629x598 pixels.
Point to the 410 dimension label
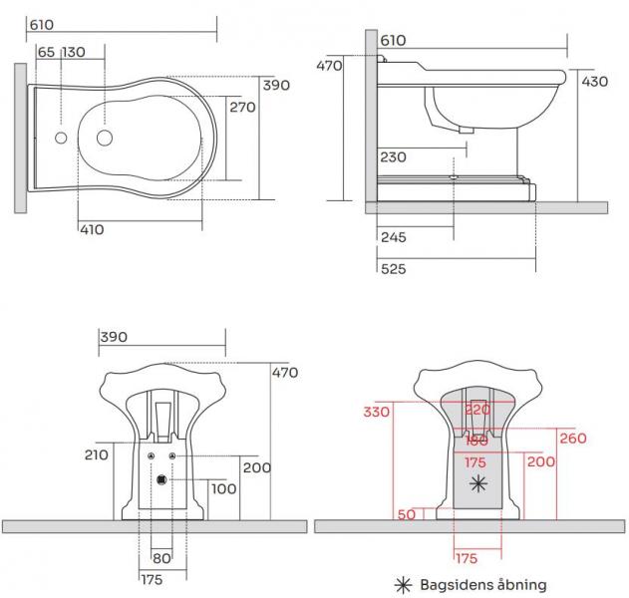(x=92, y=229)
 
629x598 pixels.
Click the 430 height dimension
(x=594, y=82)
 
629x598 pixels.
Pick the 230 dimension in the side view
(x=392, y=156)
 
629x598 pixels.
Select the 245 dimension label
(x=392, y=237)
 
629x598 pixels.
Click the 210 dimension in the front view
(x=98, y=454)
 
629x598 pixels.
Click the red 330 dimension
(x=375, y=412)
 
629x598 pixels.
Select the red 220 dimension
(x=479, y=409)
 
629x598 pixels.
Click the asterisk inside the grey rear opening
(x=479, y=484)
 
